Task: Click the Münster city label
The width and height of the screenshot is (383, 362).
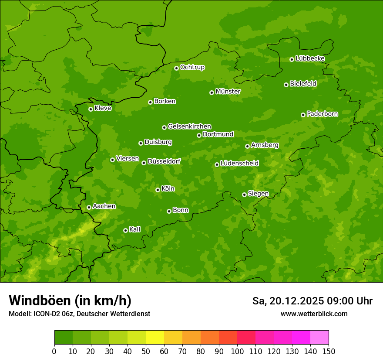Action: [228, 92]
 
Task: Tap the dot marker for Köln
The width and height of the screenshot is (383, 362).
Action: [158, 190]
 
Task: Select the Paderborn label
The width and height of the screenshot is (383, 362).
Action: [323, 114]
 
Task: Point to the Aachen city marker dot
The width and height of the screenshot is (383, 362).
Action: [89, 207]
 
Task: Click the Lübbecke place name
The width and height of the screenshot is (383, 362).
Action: [310, 58]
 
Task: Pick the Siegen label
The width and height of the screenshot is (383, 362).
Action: [259, 194]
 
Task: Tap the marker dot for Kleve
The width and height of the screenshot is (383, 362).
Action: [91, 109]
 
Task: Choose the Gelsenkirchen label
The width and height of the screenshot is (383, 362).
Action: [190, 126]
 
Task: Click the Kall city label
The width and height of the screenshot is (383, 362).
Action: [135, 229]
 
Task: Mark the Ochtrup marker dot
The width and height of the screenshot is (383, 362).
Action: [176, 68]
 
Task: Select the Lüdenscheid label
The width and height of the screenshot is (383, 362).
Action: [240, 164]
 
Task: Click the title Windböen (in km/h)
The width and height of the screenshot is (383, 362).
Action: [70, 301]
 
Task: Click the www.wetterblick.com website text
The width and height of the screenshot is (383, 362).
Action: [314, 314]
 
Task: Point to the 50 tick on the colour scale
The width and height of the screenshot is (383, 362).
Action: [146, 351]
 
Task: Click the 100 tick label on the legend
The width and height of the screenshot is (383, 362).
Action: [237, 351]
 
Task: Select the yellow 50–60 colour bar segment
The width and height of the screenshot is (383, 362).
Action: [155, 338]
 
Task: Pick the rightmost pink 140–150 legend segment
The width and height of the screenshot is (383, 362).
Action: [319, 338]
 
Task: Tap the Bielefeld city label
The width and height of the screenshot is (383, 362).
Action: [303, 84]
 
